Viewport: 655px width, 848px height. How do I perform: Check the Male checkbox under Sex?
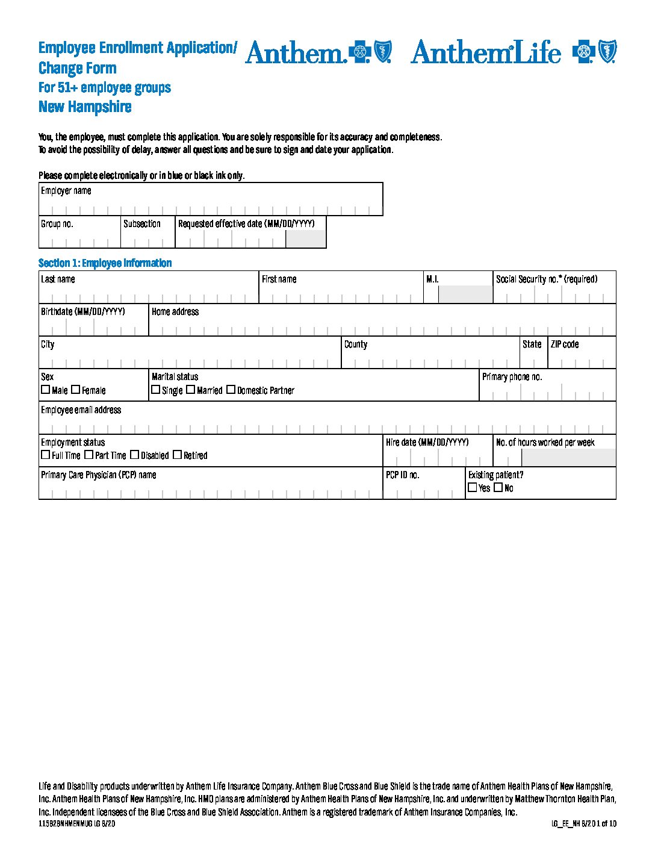pos(45,390)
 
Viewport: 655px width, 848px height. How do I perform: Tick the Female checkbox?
pos(75,390)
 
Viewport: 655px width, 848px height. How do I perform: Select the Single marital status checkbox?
pos(156,390)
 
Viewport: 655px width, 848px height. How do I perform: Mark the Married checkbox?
pos(190,390)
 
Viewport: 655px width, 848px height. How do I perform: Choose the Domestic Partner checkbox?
pos(231,390)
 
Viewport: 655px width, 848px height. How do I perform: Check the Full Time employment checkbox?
pos(45,455)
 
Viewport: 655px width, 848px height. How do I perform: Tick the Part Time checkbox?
pos(88,455)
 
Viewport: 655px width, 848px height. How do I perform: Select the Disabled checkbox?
pos(134,455)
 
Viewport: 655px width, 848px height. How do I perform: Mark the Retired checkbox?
pos(177,455)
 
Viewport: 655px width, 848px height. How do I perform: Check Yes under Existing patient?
pos(473,487)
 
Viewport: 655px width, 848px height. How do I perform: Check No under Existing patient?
pos(498,487)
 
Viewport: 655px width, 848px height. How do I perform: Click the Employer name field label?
pos(66,191)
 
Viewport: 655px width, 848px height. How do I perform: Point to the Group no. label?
pos(57,224)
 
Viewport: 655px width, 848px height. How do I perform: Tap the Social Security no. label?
pos(546,279)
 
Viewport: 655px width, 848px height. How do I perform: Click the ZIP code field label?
pos(565,344)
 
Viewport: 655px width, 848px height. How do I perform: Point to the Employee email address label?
pos(81,410)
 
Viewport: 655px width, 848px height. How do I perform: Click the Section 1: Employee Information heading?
pos(105,263)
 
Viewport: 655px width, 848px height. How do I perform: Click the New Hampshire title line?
pos(85,107)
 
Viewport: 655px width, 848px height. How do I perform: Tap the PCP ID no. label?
pos(403,475)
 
